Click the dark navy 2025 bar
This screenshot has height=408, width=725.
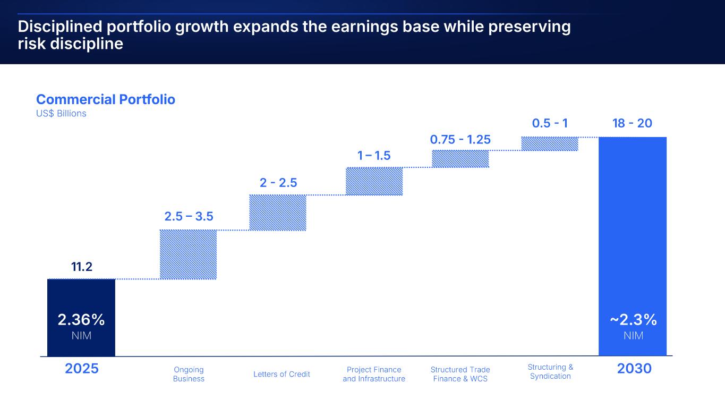[x=81, y=297]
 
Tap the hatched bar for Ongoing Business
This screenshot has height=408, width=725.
[x=188, y=254]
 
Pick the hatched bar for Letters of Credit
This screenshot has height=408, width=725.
[x=277, y=212]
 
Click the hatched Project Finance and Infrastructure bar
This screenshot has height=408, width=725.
[x=374, y=182]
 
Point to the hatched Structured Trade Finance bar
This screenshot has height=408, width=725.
[x=460, y=159]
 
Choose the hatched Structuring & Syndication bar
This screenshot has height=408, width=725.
[x=549, y=144]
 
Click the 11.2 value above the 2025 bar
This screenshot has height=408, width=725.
[x=82, y=267]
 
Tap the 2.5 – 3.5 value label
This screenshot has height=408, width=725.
[x=189, y=216]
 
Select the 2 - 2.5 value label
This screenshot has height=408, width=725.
[x=278, y=183]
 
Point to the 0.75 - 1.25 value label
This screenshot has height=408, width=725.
[x=460, y=139]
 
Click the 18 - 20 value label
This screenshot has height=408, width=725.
[x=632, y=123]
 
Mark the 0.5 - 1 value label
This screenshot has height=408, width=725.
[x=550, y=123]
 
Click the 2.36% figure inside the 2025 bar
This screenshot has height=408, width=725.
[x=81, y=320]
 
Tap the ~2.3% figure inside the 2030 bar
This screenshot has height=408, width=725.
[x=633, y=320]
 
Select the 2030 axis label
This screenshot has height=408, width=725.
[x=634, y=368]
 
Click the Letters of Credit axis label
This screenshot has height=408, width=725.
[x=282, y=374]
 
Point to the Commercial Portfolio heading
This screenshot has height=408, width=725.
[x=105, y=99]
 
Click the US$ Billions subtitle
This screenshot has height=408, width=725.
[x=61, y=113]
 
